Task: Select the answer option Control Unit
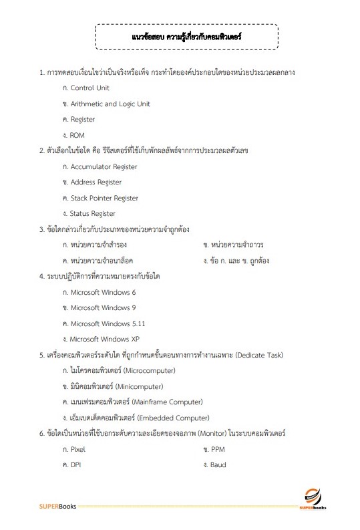(89, 88)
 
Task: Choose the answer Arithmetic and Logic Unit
(110, 104)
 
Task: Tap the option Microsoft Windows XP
(104, 339)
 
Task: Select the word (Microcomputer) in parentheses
(145, 370)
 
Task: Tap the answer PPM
(217, 449)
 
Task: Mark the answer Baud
(217, 465)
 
